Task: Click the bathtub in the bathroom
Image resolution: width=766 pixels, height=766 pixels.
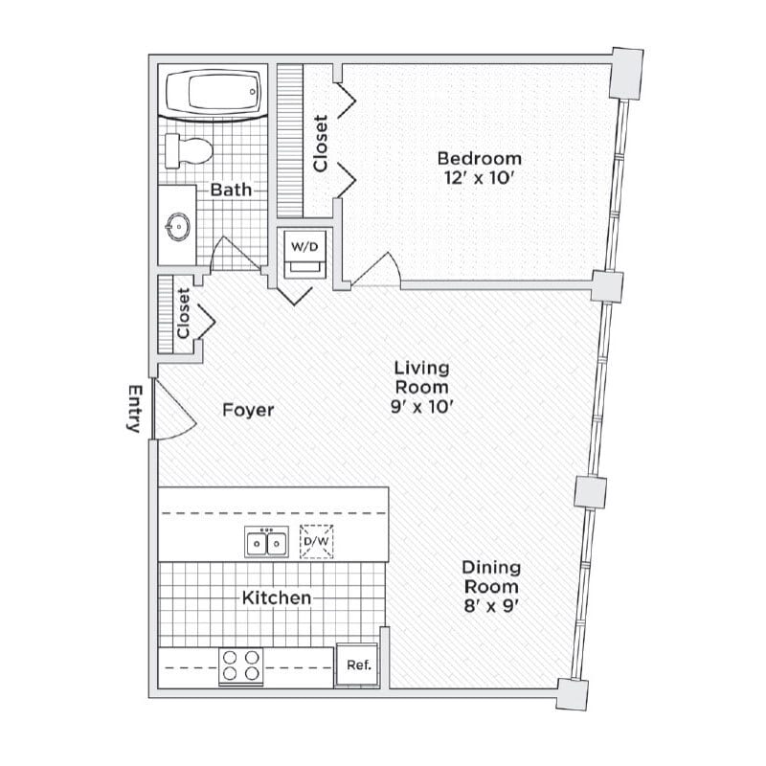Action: click(x=214, y=94)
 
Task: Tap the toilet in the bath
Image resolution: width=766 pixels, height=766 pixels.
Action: click(x=187, y=150)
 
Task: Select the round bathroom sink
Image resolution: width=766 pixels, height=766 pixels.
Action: click(x=178, y=227)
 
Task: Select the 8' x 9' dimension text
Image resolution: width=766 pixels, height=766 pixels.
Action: click(x=491, y=605)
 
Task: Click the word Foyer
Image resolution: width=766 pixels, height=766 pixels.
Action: click(x=248, y=411)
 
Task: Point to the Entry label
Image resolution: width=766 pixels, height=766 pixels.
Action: click(x=134, y=409)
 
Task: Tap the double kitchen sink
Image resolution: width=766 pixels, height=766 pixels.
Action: click(x=267, y=544)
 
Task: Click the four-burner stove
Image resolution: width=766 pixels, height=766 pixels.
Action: click(x=241, y=665)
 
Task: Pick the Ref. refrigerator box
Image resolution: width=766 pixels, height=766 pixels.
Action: click(x=358, y=665)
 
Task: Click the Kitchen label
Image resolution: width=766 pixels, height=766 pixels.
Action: click(x=276, y=598)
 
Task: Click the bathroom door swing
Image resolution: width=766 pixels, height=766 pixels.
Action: click(x=230, y=254)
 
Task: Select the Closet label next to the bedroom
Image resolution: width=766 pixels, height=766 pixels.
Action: click(x=321, y=144)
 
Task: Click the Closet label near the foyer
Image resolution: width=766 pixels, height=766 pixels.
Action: click(x=183, y=315)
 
